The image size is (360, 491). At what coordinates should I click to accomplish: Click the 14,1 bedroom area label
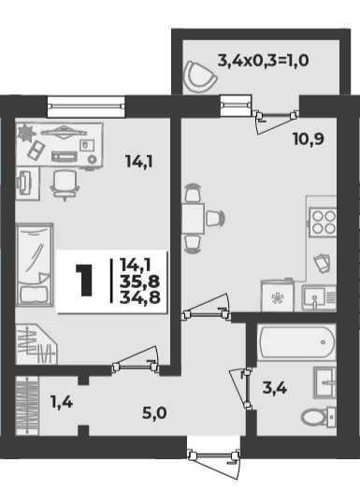coord(139,162)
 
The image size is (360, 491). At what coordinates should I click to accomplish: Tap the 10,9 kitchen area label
coord(309,138)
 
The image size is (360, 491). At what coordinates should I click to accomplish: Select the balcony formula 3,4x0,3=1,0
coord(264,60)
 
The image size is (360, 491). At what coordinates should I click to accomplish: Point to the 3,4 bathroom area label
coord(275,389)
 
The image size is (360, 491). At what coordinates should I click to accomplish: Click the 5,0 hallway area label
coord(154,413)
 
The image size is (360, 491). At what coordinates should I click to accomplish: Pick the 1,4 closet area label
coord(62,402)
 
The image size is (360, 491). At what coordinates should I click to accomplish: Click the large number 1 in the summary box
coord(84,280)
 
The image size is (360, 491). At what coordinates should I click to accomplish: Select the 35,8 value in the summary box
coord(139,282)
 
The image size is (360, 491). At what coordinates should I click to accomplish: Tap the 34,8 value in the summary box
coord(139,296)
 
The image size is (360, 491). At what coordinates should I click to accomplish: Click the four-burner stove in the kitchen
coord(323,222)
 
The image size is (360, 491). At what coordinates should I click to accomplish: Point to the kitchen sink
coord(319,297)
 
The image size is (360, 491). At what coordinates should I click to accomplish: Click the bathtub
coord(296,342)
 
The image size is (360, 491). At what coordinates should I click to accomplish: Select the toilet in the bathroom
coord(318,417)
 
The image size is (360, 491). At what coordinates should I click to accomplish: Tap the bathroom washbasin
coord(324,383)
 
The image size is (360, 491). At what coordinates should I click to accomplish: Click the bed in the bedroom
coord(35,265)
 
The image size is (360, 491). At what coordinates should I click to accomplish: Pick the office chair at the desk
coord(65,185)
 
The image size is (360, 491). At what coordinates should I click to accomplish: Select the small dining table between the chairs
coord(194,219)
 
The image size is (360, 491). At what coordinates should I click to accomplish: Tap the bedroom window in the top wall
coord(86,107)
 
